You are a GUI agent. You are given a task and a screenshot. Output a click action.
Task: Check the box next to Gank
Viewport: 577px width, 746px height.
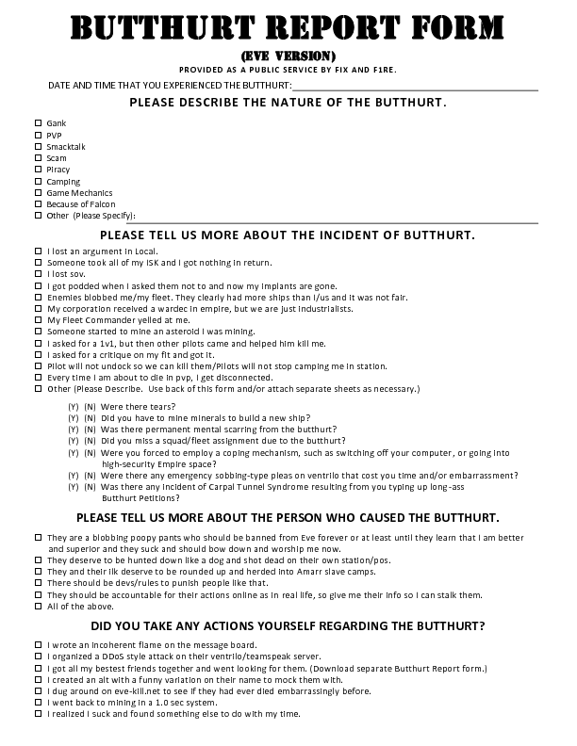39,123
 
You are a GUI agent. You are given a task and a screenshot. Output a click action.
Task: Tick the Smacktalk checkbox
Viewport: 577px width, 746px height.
39,147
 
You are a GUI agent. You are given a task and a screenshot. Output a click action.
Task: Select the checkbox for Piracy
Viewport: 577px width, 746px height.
39,170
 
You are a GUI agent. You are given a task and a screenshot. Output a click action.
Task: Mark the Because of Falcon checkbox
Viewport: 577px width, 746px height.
39,203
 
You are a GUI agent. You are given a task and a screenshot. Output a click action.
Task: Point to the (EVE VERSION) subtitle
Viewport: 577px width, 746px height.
288,56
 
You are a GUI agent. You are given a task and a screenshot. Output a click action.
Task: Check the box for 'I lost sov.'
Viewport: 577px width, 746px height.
39,273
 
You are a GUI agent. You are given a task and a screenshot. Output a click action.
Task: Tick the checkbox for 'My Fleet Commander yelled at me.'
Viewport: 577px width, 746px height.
39,320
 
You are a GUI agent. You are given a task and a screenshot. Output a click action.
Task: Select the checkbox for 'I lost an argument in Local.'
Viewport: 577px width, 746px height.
39,251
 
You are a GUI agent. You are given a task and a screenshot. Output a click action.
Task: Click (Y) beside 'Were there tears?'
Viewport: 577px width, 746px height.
73,408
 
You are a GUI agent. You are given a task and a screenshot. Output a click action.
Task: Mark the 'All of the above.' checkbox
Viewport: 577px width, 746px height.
39,606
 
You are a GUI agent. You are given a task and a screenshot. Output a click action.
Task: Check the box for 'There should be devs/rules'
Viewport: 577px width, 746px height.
39,583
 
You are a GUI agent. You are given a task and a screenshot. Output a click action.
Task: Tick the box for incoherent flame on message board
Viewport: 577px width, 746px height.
39,645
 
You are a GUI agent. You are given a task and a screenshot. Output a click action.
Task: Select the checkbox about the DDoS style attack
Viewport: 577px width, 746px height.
39,657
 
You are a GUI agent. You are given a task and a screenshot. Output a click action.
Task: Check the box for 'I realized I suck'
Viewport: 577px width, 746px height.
39,714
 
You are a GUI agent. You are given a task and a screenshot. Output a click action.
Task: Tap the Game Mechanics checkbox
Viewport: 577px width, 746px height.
39,192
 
